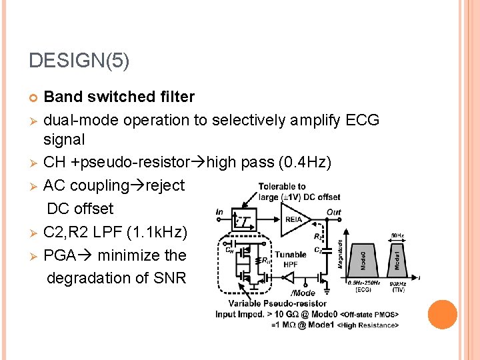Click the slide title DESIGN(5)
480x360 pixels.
pyautogui.click(x=79, y=61)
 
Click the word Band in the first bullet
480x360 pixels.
pyautogui.click(x=61, y=97)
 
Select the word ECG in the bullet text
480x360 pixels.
pyautogui.click(x=363, y=120)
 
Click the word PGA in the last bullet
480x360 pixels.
pyautogui.click(x=61, y=255)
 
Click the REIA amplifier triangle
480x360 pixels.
pyautogui.click(x=293, y=221)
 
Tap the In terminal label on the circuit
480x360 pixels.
pyautogui.click(x=220, y=212)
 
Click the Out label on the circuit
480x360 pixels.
pyautogui.click(x=333, y=212)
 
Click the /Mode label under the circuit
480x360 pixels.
pyautogui.click(x=303, y=293)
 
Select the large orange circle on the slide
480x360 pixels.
pyautogui.click(x=443, y=315)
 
